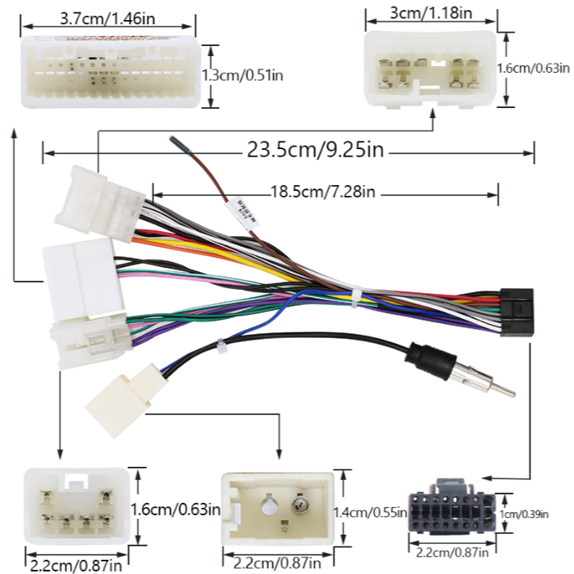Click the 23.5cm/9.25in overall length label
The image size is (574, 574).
[314, 151]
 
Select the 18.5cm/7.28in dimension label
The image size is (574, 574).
[322, 193]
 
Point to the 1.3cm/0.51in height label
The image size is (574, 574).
[242, 75]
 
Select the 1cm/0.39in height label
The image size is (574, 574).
[535, 513]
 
